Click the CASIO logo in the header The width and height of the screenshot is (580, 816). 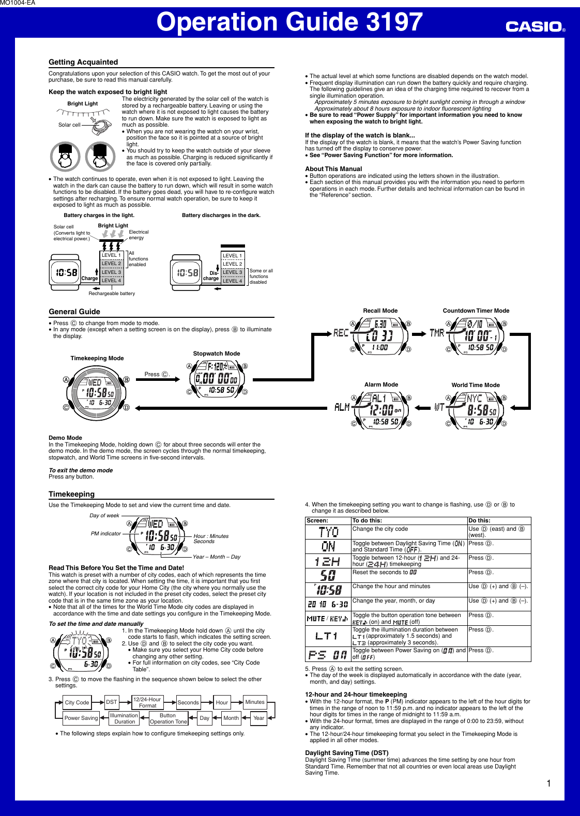(535, 26)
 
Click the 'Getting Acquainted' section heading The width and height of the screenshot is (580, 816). (83, 62)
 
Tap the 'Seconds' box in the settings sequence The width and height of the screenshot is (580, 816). (188, 702)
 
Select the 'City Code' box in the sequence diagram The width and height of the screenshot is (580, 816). (77, 702)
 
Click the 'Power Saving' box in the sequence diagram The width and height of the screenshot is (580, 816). (81, 718)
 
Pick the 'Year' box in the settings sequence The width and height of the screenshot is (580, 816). (258, 718)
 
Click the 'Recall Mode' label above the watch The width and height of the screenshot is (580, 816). (380, 311)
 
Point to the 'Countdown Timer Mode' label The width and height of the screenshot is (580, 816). (476, 311)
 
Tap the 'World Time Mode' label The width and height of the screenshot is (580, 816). (476, 385)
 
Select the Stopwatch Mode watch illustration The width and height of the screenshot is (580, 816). (217, 379)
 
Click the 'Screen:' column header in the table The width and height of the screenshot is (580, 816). (317, 521)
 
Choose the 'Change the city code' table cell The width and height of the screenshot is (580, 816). (380, 529)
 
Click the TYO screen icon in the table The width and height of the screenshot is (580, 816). (328, 532)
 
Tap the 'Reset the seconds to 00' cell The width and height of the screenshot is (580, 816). (384, 573)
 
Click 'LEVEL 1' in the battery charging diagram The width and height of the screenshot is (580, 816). (111, 255)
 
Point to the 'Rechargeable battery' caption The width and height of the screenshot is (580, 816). (112, 294)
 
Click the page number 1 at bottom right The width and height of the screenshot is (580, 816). (548, 783)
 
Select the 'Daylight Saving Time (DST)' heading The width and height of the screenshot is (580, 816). (346, 753)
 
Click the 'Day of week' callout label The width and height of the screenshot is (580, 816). (104, 516)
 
